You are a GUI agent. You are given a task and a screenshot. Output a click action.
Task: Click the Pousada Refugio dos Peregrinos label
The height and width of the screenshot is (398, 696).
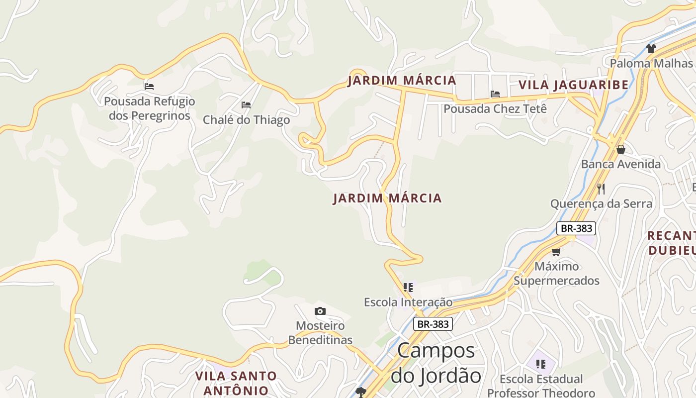coord(149,108)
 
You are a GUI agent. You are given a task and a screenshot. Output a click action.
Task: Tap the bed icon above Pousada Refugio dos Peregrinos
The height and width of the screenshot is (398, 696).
coord(149,86)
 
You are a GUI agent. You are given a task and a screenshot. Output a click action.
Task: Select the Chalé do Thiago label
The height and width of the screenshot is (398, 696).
coord(246,120)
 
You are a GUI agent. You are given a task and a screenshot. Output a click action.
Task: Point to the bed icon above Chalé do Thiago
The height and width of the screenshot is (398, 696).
coord(246,104)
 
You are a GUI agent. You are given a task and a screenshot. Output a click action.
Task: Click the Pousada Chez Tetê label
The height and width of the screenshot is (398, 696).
coord(495,108)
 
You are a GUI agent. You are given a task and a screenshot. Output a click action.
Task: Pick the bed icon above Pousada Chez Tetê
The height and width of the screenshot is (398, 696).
coord(495,94)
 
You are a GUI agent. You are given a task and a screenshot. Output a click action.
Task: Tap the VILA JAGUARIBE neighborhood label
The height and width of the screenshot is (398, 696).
coord(573,85)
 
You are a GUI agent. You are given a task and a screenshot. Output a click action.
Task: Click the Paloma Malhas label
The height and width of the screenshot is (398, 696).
coord(651,63)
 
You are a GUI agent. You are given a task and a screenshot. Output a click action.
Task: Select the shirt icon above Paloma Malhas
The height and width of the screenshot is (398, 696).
coord(651,48)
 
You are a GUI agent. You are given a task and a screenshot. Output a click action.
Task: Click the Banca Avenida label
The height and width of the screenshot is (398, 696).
coord(620,164)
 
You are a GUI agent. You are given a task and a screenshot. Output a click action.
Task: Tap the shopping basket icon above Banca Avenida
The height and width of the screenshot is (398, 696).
coord(620,149)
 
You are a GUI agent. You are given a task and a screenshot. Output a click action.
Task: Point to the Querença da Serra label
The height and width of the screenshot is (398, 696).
coord(601,203)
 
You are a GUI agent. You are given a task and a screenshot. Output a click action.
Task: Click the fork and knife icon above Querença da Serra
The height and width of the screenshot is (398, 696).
coord(601,189)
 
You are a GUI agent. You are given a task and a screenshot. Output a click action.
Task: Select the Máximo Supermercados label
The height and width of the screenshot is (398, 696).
coord(556,273)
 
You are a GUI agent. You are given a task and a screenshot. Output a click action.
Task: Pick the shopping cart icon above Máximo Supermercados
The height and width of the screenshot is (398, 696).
coord(556,252)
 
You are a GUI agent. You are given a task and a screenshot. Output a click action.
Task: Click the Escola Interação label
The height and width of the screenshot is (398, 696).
coord(408,302)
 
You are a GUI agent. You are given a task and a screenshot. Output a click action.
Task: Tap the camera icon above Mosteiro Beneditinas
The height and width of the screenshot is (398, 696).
coord(320,311)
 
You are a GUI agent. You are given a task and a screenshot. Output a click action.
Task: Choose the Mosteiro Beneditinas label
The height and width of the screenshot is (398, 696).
coord(320,333)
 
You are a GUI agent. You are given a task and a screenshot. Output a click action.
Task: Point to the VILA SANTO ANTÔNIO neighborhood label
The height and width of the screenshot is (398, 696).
coord(236,383)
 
